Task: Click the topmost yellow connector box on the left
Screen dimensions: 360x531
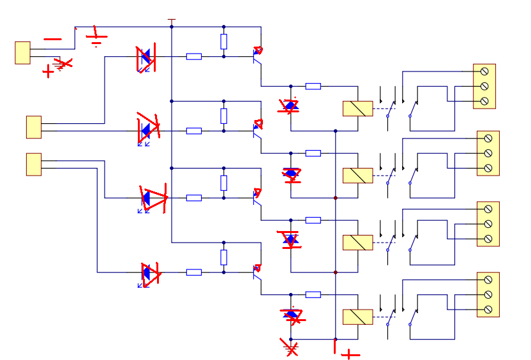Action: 22,53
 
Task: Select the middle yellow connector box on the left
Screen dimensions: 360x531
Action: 33,127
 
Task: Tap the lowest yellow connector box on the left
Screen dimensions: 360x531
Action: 33,164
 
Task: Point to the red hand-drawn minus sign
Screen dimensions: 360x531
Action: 52,40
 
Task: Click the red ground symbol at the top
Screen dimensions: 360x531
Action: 96,37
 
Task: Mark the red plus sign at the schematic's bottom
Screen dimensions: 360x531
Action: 350,354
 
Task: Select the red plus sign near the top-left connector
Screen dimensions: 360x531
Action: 48,71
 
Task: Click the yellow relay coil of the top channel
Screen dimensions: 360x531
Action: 357,109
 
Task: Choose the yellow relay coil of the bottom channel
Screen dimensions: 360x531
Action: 357,317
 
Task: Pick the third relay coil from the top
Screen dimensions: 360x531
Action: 357,243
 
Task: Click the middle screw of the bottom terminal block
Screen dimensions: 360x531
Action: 488,294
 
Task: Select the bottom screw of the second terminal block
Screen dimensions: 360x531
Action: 488,168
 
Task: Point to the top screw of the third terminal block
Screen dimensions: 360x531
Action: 488,208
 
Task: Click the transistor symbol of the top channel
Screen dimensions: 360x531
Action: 257,56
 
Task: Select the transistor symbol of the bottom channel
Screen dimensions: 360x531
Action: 257,272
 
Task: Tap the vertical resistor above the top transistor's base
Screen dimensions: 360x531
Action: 223,41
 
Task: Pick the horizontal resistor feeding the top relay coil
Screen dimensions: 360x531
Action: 313,86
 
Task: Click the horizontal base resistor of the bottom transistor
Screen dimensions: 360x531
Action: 194,273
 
